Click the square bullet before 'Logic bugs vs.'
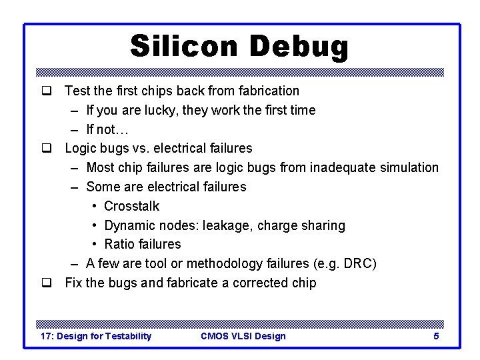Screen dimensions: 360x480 pyautogui.click(x=47, y=149)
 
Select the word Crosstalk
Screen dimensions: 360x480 pyautogui.click(x=132, y=207)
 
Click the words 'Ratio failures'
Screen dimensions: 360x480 pyautogui.click(x=143, y=245)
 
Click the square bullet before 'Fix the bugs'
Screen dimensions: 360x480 pyautogui.click(x=47, y=283)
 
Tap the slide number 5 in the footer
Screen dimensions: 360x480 pyautogui.click(x=436, y=336)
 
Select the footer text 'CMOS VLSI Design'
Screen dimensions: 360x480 pyautogui.click(x=243, y=336)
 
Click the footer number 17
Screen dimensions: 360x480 pyautogui.click(x=47, y=336)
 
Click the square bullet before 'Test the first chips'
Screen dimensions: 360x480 pyautogui.click(x=47, y=91)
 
